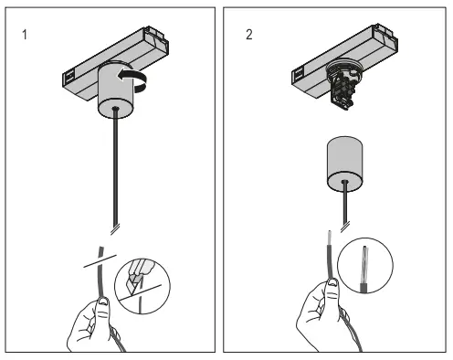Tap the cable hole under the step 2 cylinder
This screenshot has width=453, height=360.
pos(343,180)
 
